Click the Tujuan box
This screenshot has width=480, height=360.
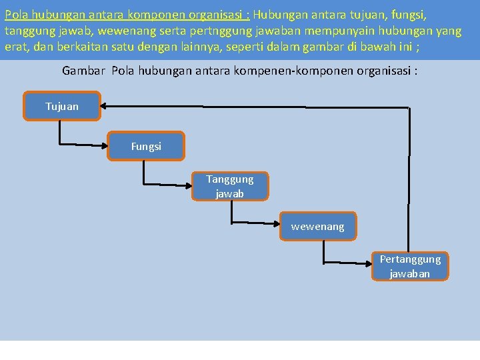coord(62,106)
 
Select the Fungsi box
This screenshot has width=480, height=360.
coord(146,146)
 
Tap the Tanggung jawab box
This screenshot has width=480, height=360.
coord(230,186)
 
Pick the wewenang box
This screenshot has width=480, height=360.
coord(317,227)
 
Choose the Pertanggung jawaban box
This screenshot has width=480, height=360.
coord(410,266)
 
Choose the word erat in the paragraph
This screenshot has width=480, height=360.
coord(17,48)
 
